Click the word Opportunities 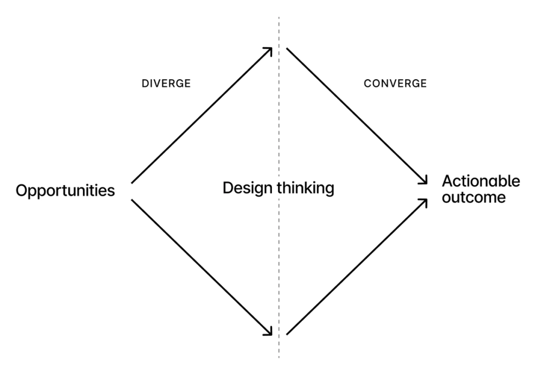point(65,191)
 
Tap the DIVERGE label point(166,83)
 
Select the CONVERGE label point(395,83)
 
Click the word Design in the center point(248,188)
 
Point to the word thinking point(306,188)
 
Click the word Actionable point(481,181)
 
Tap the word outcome point(473,197)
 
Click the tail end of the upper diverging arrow point(132,183)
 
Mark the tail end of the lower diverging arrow point(132,200)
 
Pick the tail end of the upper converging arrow point(286,48)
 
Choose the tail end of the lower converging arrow point(286,334)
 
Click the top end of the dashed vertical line point(279,17)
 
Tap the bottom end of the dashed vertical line point(279,358)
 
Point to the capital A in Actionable point(448,181)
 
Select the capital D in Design point(228,188)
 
